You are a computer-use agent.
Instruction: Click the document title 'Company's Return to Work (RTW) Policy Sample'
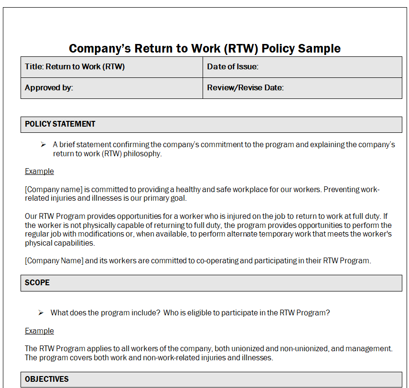[x=204, y=48]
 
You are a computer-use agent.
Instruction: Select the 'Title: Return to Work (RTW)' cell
[x=75, y=67]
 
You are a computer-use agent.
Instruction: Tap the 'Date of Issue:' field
[x=233, y=67]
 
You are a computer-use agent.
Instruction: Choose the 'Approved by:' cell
[x=49, y=88]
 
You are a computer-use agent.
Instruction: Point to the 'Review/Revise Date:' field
[x=245, y=88]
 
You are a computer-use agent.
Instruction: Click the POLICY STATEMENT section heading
[x=60, y=124]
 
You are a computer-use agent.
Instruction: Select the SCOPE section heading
[x=37, y=283]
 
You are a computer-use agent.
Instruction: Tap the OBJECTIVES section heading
[x=47, y=379]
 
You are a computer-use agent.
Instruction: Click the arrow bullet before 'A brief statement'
[x=43, y=144]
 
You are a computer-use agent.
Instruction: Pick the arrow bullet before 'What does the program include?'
[x=41, y=313]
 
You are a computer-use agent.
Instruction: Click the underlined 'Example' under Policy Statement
[x=39, y=171]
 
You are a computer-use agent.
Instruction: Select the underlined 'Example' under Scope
[x=39, y=331]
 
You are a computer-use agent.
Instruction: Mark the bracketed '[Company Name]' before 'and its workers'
[x=54, y=260]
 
